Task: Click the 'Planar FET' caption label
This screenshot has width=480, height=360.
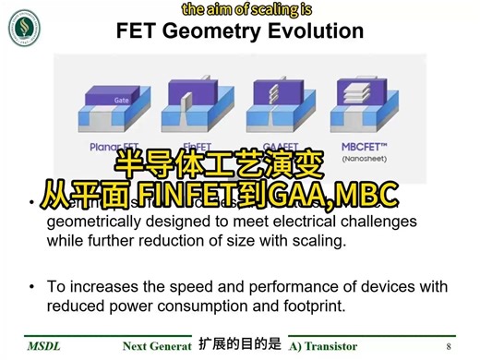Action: tap(106, 146)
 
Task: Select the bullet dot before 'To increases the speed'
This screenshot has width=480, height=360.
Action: tap(32, 287)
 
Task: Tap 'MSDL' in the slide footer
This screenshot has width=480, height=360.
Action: tap(43, 346)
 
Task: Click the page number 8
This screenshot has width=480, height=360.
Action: tap(449, 346)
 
